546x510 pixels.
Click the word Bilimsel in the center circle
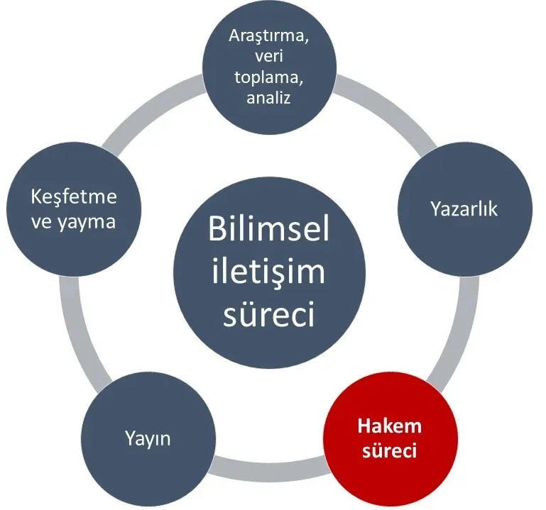point(269,229)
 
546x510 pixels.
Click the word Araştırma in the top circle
point(269,37)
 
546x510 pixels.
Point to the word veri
point(269,56)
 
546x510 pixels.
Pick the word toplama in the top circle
point(269,77)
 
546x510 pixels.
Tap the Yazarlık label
point(464,209)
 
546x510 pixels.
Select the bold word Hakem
point(390,426)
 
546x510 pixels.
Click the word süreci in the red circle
point(390,450)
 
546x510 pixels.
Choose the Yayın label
point(148,438)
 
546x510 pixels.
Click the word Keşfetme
point(74,197)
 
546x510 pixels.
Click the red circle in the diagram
point(391,439)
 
